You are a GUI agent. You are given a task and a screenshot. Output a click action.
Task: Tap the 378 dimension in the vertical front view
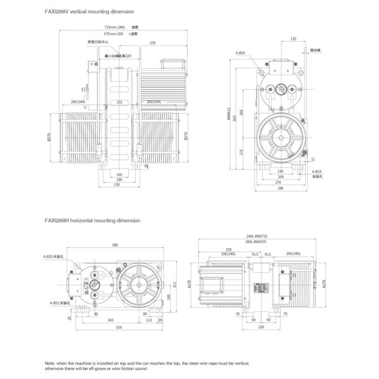point(152,43)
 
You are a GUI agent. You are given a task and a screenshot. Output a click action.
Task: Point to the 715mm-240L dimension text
point(114,27)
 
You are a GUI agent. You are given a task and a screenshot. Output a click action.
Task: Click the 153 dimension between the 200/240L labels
point(119,101)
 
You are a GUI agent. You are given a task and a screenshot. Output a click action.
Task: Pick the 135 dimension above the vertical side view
point(293,39)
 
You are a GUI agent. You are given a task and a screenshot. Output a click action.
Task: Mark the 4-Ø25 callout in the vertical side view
point(240,53)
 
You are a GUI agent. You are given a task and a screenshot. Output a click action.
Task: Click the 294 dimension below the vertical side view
point(280,188)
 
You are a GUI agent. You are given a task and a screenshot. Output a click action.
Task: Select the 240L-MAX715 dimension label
point(258,236)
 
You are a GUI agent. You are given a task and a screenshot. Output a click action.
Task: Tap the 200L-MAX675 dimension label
point(255,242)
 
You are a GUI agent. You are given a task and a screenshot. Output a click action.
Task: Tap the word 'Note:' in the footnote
point(51,364)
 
